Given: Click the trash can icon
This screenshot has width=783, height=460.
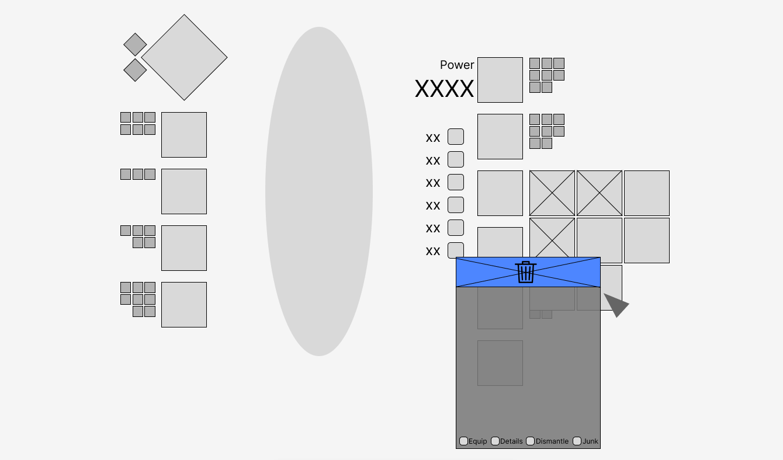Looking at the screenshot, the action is coord(526,272).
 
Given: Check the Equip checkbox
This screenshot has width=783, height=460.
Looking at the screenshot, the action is coord(463,441).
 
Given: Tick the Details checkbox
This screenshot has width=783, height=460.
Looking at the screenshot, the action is coord(495,441).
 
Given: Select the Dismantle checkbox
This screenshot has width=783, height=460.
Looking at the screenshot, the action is coord(531,441).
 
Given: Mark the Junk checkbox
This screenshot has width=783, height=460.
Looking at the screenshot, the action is coord(577,441).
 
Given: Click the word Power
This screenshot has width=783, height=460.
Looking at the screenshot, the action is coord(457,65).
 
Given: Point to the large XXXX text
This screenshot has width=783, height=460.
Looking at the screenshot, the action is coord(444,89).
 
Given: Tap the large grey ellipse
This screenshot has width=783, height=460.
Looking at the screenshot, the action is coord(319,191).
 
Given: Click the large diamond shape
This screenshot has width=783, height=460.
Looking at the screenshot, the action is coord(184,57).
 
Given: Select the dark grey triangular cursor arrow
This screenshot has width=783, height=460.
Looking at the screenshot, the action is coord(616,304).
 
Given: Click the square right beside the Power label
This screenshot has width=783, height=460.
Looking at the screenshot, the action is coord(500,80).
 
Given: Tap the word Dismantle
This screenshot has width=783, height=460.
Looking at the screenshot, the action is coord(552,441).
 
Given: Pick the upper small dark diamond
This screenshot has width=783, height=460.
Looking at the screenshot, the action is coord(135,44).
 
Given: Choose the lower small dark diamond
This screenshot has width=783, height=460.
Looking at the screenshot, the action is coord(135,70).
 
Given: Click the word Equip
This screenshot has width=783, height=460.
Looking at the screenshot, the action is coord(477,441).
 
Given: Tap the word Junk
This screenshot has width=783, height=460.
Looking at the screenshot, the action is coord(590,441).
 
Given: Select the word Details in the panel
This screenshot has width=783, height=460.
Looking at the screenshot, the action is coord(511,441).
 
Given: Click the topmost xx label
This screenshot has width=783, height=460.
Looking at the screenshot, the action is coord(433,138).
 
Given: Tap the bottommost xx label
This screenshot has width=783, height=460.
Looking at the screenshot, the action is coord(433,252).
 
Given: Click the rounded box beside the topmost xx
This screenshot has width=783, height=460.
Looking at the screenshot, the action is coord(456,137).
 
